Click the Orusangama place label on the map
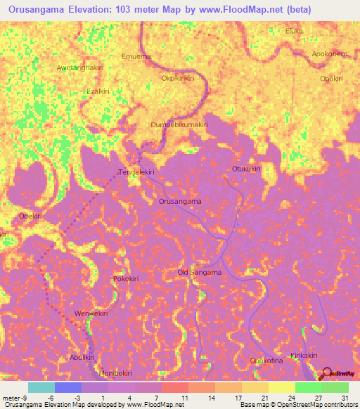pos(180,201)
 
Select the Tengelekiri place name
pos(136,171)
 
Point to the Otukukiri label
pos(246,169)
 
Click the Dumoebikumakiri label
pos(179,124)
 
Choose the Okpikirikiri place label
pos(177,78)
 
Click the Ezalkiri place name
pos(98,91)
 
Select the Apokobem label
pos(329,53)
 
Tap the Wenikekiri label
pos(91,313)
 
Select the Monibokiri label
pos(115,372)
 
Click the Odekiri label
pos(32,216)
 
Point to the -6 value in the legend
pos(51,398)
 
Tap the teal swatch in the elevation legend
pos(41,387)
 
